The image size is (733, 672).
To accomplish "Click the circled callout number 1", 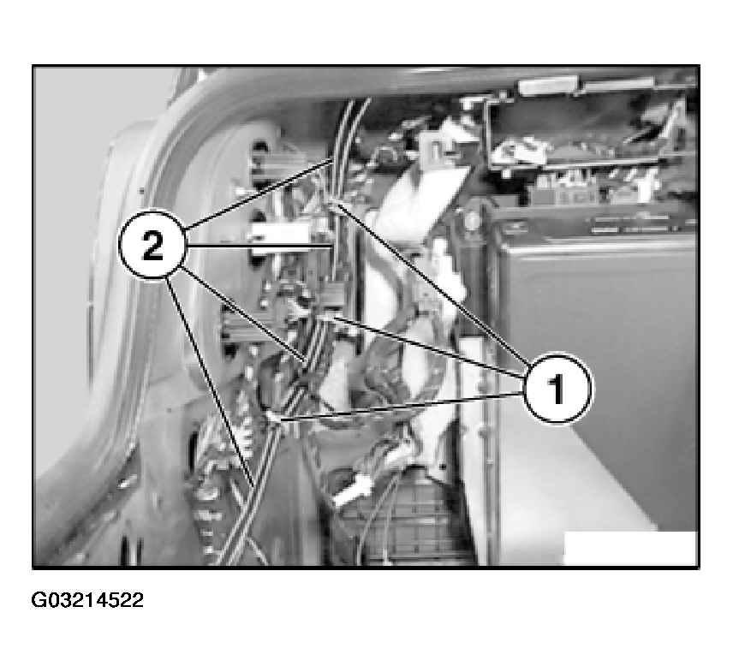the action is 557,389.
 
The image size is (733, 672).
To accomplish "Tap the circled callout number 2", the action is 152,245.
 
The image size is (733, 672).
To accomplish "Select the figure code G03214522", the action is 87,599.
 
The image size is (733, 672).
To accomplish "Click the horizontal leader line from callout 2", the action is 259,246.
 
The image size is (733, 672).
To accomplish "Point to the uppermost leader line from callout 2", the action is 260,193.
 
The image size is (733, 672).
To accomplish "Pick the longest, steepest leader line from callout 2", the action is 211,381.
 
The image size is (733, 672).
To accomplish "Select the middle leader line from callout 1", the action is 421,347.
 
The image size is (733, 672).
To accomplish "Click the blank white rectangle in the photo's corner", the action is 630,548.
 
